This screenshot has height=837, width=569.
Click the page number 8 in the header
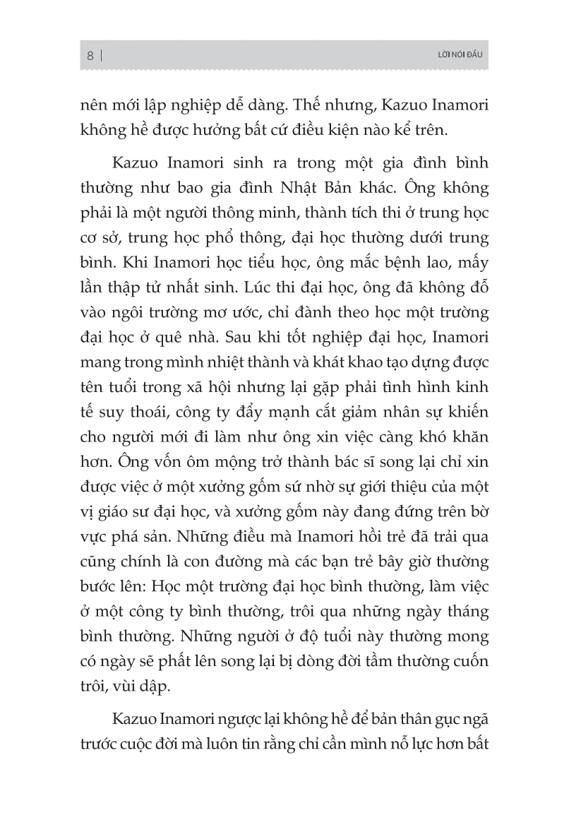tap(90, 55)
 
